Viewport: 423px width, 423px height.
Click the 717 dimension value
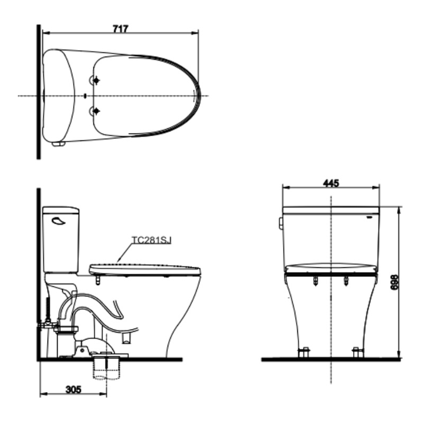point(120,29)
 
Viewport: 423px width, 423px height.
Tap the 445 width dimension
point(331,184)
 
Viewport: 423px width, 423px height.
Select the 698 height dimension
point(394,282)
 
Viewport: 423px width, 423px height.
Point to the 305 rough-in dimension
point(73,390)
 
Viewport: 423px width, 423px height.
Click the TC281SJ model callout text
point(151,240)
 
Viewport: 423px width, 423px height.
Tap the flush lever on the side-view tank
point(58,221)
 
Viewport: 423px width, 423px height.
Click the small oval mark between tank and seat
point(85,96)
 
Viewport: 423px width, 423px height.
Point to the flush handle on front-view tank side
point(280,224)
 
